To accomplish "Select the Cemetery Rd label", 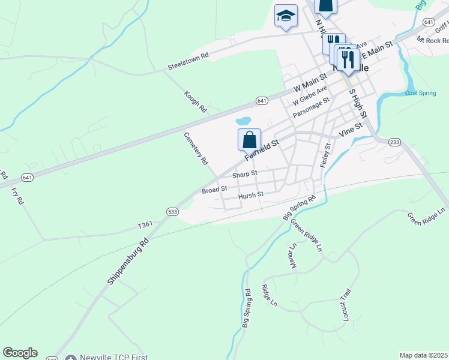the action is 196,148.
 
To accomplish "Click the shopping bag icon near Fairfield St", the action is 249,140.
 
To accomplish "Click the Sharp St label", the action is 244,173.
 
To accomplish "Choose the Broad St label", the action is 214,190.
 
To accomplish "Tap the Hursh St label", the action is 250,195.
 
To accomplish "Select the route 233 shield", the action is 394,142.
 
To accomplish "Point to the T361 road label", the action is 145,225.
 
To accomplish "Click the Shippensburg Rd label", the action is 128,262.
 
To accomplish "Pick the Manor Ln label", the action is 293,256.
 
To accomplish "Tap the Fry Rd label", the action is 17,197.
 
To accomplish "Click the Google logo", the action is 20,353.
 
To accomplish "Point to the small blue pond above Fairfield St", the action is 245,120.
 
